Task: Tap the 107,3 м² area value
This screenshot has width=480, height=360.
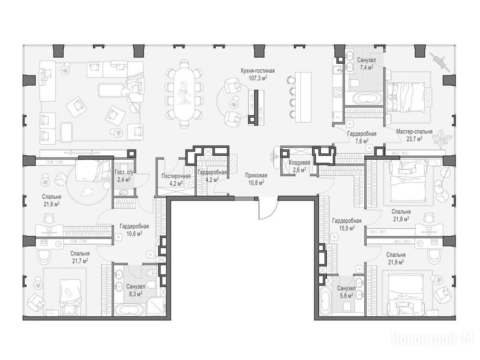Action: tap(258, 78)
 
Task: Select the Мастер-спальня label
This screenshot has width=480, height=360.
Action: tap(414, 132)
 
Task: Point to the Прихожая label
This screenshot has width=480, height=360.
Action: tap(256, 175)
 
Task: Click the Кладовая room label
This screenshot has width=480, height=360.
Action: tap(300, 163)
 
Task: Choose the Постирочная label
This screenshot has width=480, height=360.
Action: tap(176, 176)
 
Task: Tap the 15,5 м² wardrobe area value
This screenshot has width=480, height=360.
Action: tap(347, 228)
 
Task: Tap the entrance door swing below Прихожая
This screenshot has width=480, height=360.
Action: tap(268, 209)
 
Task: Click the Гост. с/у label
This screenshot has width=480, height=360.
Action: tap(124, 172)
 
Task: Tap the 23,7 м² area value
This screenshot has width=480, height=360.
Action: tap(414, 138)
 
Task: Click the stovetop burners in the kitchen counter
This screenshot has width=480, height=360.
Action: tap(337, 92)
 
